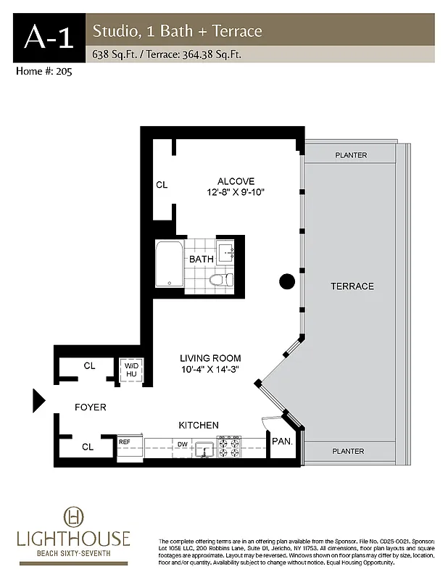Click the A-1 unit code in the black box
click(x=49, y=37)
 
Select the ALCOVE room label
click(x=236, y=181)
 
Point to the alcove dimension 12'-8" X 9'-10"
click(x=236, y=193)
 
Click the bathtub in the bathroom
click(x=169, y=265)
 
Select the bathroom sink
click(x=229, y=253)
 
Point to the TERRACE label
click(x=352, y=286)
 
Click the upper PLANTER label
click(x=351, y=155)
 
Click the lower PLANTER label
click(x=348, y=451)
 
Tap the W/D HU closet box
click(x=132, y=369)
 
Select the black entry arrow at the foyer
click(x=39, y=399)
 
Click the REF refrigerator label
click(x=125, y=441)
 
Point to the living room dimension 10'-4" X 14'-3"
click(x=210, y=370)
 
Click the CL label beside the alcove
click(x=162, y=186)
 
